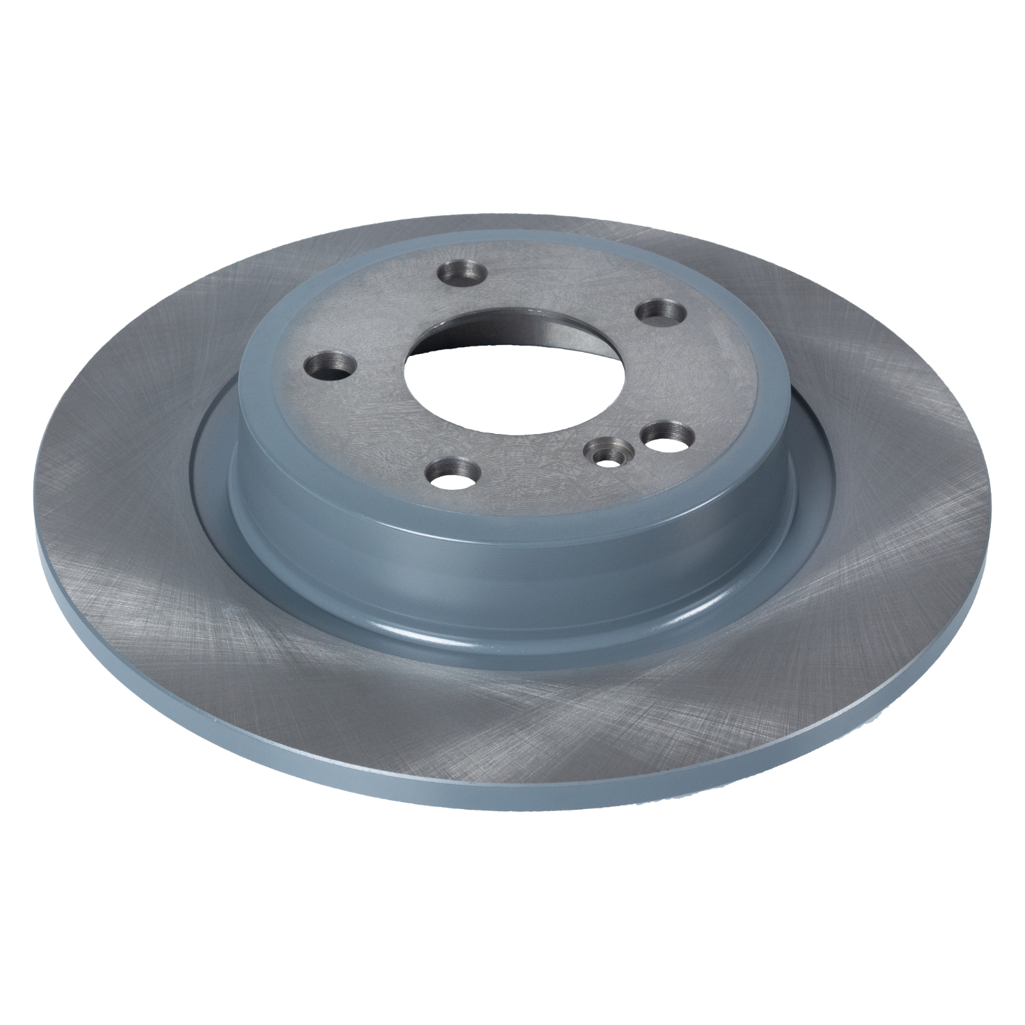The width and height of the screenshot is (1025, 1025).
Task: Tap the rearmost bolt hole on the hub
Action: point(462,275)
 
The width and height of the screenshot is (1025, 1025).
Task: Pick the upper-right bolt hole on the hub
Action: point(661,312)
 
